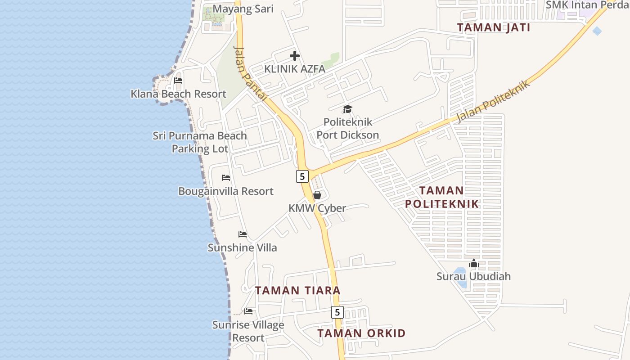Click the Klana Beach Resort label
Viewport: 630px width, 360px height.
[x=178, y=94]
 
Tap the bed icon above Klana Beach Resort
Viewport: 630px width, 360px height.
[x=178, y=81]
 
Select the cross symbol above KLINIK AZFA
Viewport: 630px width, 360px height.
[x=295, y=56]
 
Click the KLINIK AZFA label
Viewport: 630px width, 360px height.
[x=295, y=69]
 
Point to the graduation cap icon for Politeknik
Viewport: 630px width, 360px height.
[x=347, y=109]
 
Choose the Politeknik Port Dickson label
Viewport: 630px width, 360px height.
[x=347, y=128]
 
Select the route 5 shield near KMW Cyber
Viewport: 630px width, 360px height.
[x=302, y=176]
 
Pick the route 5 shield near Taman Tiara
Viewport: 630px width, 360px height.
[x=337, y=312]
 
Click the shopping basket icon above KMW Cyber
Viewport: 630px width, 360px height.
[x=317, y=195]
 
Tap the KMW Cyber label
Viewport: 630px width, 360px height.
[x=317, y=208]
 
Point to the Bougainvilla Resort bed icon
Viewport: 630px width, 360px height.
[x=226, y=178]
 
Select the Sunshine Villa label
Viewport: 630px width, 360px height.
[x=242, y=247]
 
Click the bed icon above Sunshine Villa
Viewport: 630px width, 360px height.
[x=243, y=234]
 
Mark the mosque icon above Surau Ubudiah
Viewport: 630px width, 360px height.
[x=473, y=263]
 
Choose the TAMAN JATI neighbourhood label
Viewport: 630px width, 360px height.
[x=494, y=27]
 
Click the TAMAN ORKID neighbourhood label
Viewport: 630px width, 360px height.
[x=361, y=333]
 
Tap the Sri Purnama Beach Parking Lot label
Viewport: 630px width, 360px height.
[x=200, y=142]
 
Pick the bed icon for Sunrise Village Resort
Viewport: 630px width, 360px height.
[x=248, y=311]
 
